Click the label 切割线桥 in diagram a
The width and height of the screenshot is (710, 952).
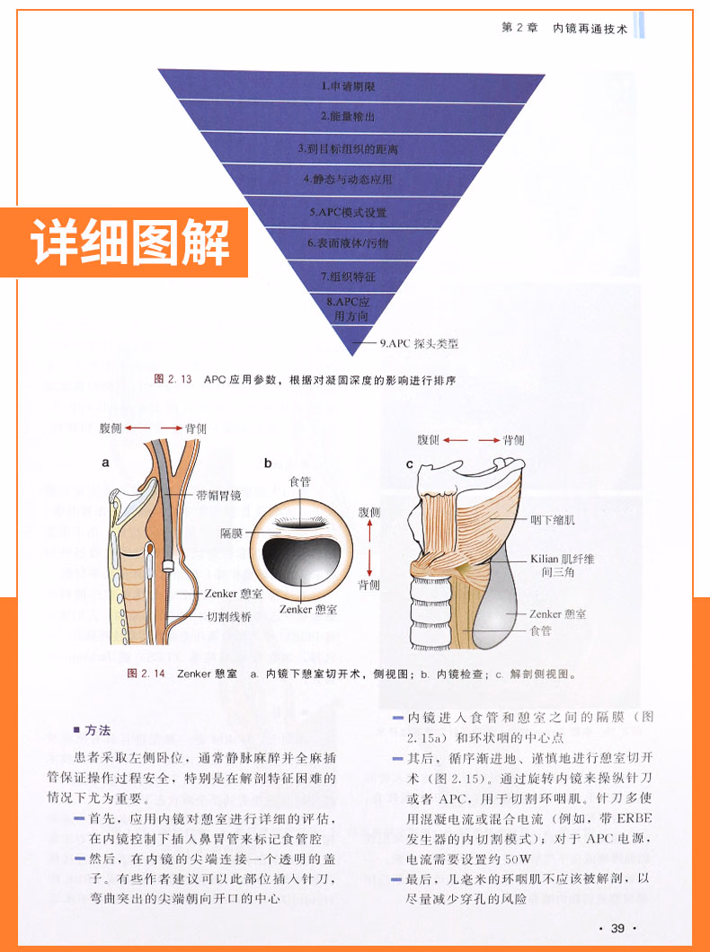[x=230, y=617]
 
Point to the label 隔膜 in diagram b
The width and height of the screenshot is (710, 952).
[x=231, y=533]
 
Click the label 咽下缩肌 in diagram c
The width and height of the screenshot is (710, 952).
[x=558, y=519]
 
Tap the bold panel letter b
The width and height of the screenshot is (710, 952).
[x=267, y=463]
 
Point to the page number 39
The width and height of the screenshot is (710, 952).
[x=617, y=928]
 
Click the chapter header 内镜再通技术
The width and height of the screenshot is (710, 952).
[x=590, y=28]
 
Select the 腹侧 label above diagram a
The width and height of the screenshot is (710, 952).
[x=116, y=429]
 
